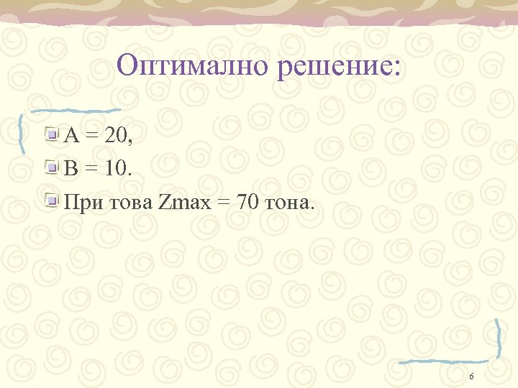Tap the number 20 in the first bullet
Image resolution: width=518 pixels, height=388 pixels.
(116, 134)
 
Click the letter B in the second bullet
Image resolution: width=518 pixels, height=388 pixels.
(71, 169)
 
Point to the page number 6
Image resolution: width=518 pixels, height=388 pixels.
(471, 377)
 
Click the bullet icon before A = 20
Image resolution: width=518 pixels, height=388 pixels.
(53, 133)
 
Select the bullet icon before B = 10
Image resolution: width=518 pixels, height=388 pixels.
(53, 168)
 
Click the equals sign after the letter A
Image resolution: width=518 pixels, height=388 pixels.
(91, 134)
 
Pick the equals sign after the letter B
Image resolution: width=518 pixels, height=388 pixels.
(91, 170)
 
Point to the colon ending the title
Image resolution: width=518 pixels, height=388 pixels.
(400, 70)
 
